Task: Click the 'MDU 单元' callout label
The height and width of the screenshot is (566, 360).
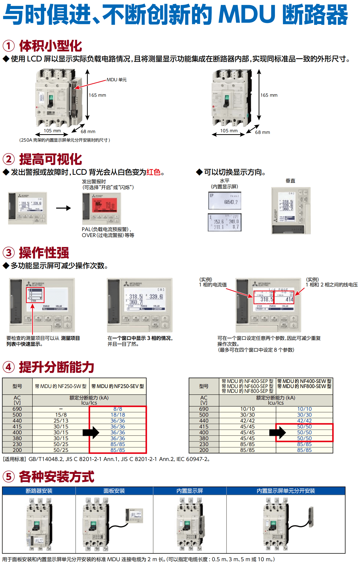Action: pos(117,80)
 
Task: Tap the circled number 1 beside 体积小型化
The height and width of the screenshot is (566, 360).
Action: pos(9,46)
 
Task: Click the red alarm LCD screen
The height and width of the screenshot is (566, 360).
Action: pos(105,205)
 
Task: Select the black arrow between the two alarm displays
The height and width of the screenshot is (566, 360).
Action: pos(63,208)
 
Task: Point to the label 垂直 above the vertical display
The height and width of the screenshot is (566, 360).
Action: pos(290,181)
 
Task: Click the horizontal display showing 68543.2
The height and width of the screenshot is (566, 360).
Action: pos(225,200)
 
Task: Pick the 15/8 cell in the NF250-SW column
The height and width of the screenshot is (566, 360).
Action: pos(61,415)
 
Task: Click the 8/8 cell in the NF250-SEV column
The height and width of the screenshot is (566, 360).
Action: pos(118,409)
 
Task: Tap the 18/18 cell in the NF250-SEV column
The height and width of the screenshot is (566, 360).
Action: pos(118,415)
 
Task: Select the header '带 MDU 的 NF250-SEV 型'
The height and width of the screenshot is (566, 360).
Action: pos(118,386)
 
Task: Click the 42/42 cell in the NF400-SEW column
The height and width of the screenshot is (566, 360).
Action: pos(304,421)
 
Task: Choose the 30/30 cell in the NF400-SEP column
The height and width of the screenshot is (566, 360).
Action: pos(247,415)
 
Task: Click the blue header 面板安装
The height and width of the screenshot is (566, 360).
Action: pos(114,491)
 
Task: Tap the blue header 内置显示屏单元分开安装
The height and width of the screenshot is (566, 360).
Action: pos(286,491)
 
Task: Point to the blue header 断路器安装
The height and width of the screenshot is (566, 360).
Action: pos(39,491)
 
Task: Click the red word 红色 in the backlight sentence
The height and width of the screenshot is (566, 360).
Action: pos(153,172)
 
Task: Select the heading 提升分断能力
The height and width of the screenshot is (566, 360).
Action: pos(56,367)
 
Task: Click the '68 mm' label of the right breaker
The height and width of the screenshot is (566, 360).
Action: pos(262,132)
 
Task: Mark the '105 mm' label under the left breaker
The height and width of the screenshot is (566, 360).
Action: pos(52,131)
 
